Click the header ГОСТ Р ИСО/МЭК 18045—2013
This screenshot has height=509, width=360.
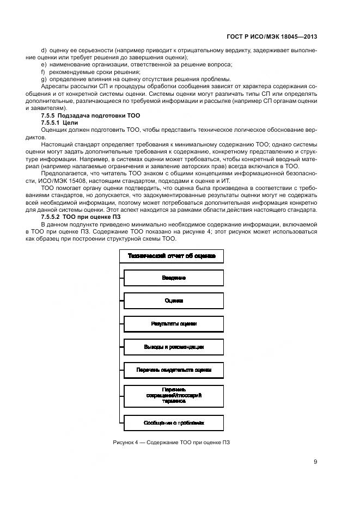[x=272, y=36]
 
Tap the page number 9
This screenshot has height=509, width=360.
[x=315, y=462]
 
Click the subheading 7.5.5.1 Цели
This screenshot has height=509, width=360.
[x=60, y=122]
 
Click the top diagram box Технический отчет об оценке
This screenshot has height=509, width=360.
[x=171, y=255]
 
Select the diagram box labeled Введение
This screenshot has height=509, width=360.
[x=174, y=278]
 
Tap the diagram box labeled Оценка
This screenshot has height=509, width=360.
[x=174, y=301]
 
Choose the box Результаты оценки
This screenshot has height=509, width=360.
[x=174, y=323]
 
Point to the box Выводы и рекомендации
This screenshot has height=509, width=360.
[x=174, y=346]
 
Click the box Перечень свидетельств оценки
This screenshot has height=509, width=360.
[x=174, y=370]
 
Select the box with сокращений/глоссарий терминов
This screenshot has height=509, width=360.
[x=174, y=395]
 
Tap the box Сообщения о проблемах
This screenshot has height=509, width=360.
[x=174, y=422]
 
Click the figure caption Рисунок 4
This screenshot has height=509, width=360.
[x=171, y=442]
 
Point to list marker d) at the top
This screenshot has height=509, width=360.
[x=44, y=50]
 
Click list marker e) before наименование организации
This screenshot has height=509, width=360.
[x=44, y=65]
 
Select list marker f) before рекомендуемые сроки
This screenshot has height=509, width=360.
[x=43, y=72]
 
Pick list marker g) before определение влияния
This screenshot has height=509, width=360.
[x=44, y=79]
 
